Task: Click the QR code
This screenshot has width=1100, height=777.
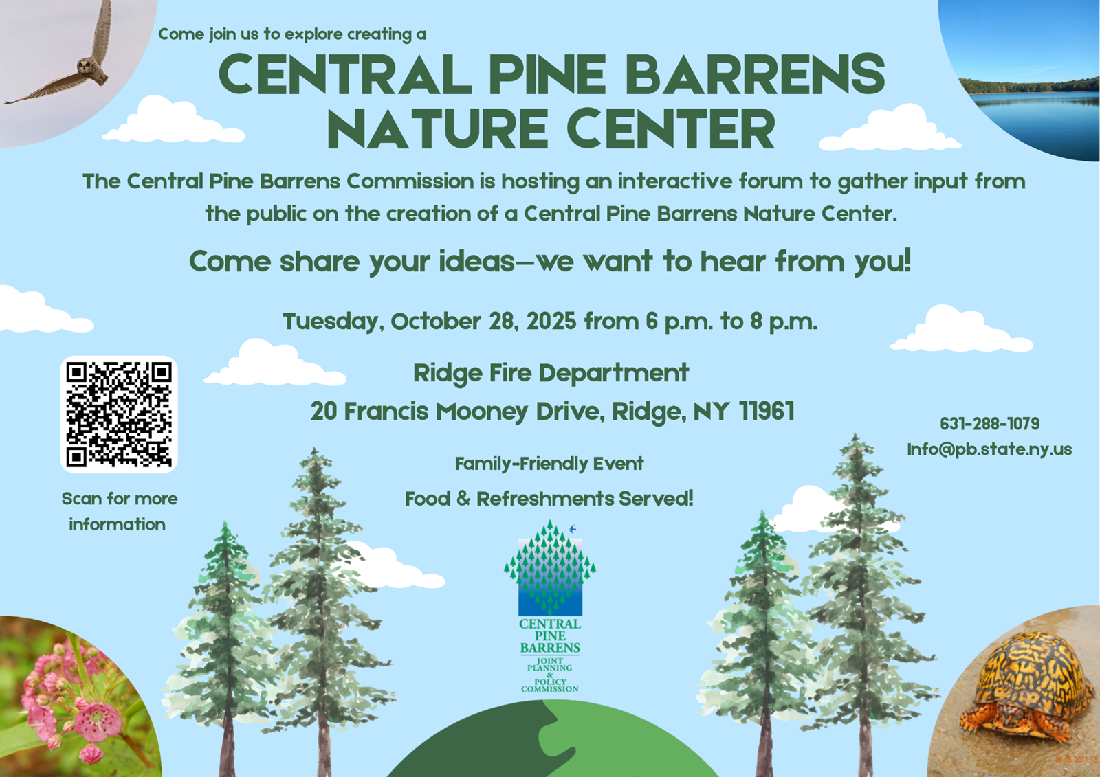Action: click(119, 414)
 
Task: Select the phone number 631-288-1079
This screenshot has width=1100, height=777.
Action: click(989, 424)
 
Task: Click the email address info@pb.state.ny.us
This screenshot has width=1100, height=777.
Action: click(989, 449)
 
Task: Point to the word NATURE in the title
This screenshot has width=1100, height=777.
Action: click(437, 128)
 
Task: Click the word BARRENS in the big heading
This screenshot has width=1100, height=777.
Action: click(755, 74)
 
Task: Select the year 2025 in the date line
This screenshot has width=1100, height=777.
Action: click(551, 322)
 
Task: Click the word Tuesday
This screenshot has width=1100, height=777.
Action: click(333, 322)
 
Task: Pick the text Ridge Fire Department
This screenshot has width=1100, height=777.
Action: click(551, 374)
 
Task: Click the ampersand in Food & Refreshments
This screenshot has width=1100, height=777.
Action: click(463, 499)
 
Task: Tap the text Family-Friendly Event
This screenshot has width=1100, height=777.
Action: click(549, 464)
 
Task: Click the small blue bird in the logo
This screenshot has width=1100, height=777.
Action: click(572, 529)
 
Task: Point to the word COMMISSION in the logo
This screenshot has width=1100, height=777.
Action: click(549, 689)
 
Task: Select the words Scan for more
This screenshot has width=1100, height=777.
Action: click(120, 499)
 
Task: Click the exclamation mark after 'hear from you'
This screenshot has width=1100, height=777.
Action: click(907, 260)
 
